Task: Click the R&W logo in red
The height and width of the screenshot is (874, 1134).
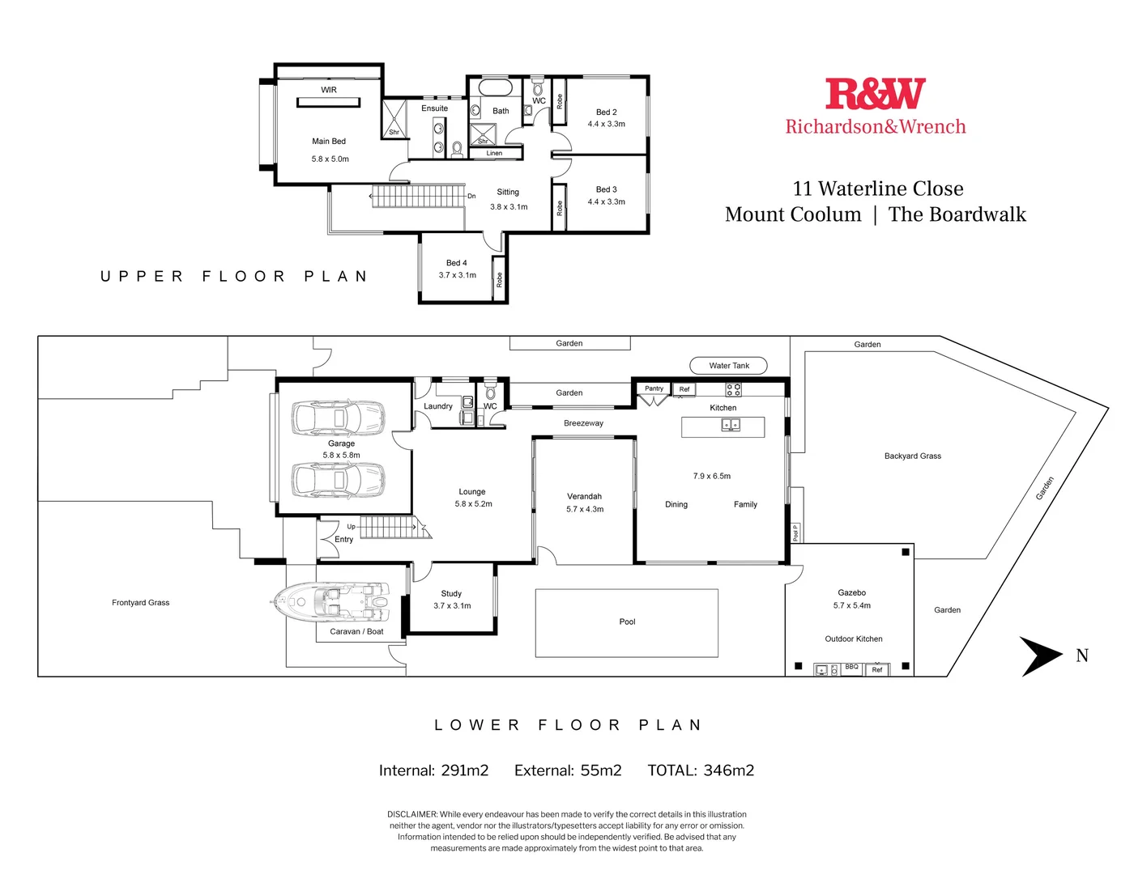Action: pos(875,94)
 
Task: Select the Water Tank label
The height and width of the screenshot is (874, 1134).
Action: pos(729,366)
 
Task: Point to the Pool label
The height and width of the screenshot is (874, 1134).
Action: pos(627,622)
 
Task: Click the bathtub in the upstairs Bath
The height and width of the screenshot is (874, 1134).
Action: pos(495,87)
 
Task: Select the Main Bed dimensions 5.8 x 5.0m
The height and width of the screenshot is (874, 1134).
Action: pos(330,159)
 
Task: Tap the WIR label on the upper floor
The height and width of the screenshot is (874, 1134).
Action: pos(329,90)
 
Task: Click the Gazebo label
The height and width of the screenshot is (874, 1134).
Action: pos(851,593)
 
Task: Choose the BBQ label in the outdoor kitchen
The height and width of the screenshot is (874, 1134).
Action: pos(851,668)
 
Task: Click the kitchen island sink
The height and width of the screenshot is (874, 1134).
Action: pos(731,425)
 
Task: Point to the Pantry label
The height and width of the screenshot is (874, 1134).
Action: pos(654,389)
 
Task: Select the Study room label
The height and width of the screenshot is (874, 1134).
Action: pos(451,594)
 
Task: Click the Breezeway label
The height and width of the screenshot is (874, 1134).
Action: pos(583,423)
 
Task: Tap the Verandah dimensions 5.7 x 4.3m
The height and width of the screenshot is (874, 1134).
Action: pos(585,510)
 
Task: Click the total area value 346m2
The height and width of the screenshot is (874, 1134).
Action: pos(728,770)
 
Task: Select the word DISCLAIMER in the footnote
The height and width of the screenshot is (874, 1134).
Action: pos(412,814)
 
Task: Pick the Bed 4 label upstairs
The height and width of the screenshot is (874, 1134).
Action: pos(457,263)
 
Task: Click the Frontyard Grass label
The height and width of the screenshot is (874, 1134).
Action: pos(141,603)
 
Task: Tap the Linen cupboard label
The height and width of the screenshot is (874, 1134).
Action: pos(494,153)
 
